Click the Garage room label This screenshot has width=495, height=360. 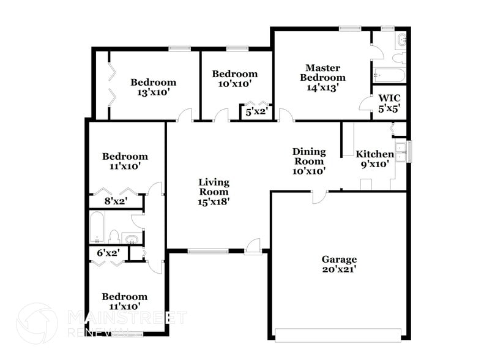pos(340,259)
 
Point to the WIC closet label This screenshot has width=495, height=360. pos(389,98)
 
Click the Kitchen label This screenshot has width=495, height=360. pos(374,154)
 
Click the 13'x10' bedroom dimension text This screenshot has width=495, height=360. pos(153,92)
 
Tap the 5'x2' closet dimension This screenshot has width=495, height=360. pos(256,112)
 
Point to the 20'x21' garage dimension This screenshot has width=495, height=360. pos(340,269)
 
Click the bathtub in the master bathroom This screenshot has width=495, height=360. pos(389,76)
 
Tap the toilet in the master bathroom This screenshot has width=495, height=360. pos(398,58)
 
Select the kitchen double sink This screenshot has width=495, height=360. pos(401,151)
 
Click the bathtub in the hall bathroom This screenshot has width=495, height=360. pos(97,227)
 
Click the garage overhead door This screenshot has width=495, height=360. pos(338,334)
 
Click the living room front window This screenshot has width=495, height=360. pos(207,250)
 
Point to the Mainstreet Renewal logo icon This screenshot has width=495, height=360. pos(37,323)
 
